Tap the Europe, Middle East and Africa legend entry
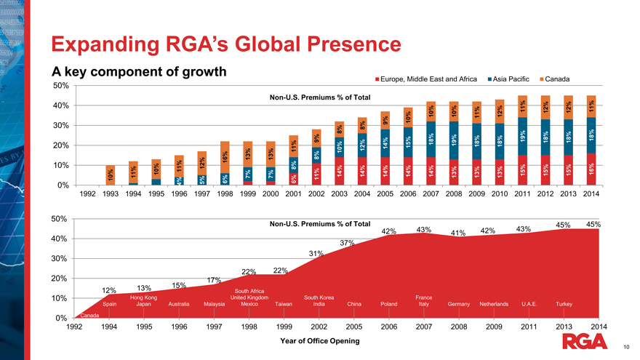[x=429, y=79]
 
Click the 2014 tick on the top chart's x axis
[x=591, y=195]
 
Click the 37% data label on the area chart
[x=346, y=243]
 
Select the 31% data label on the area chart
[x=315, y=254]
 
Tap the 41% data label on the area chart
[x=457, y=233]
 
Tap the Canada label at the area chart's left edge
[x=89, y=315]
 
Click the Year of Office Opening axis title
[x=319, y=340]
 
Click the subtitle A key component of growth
[x=138, y=73]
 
